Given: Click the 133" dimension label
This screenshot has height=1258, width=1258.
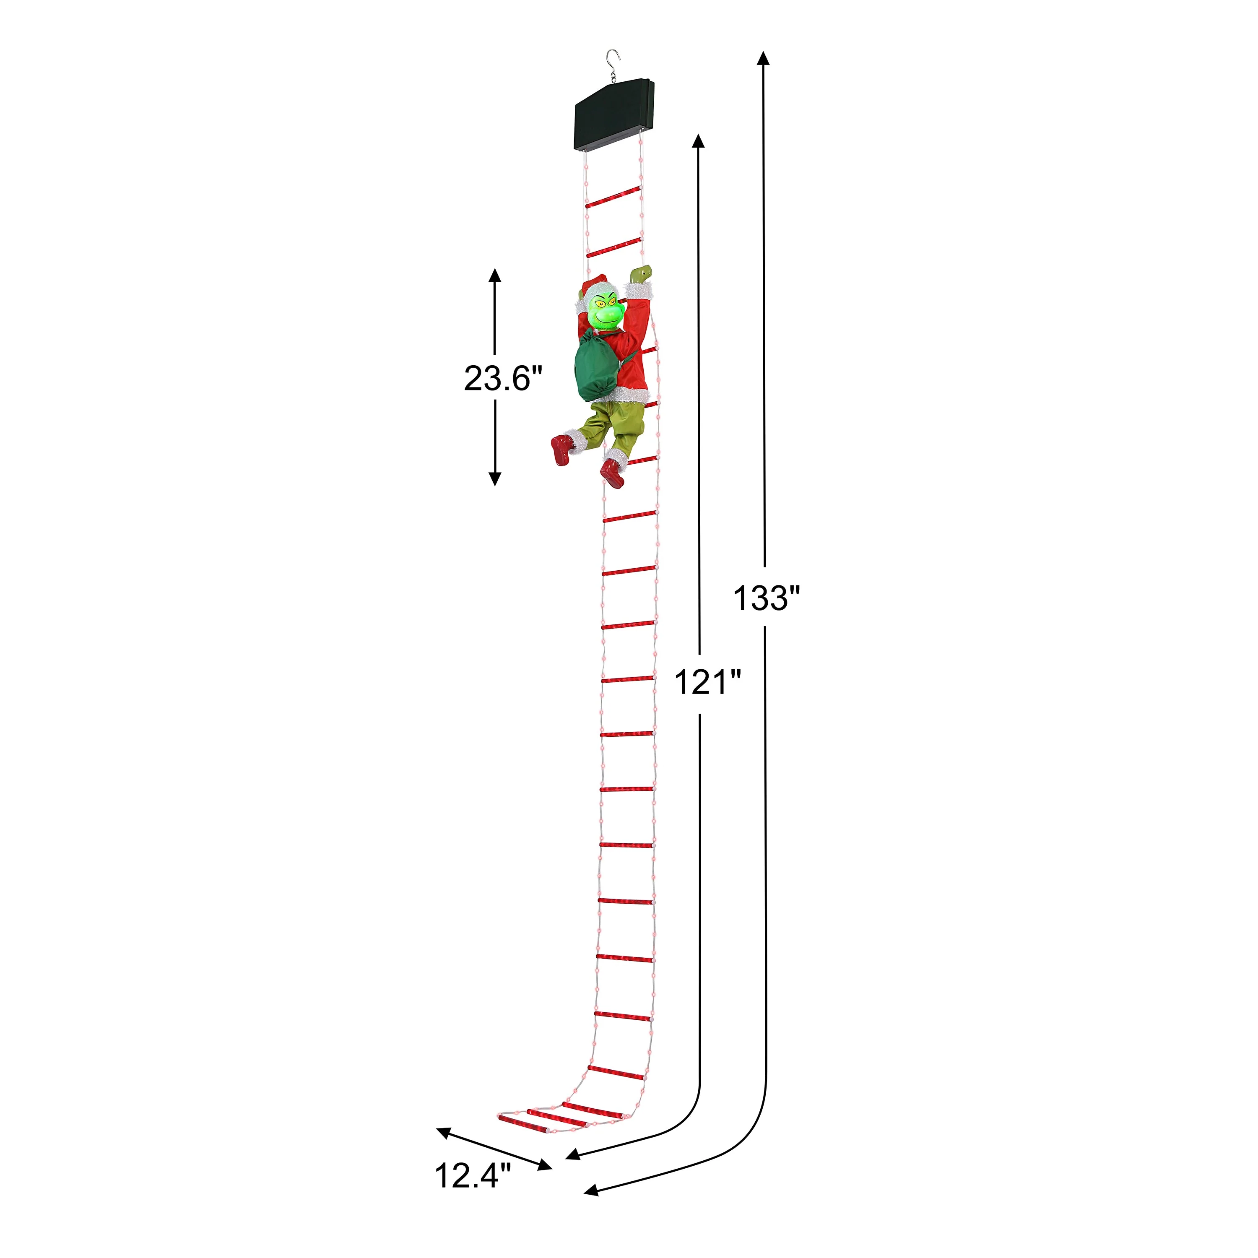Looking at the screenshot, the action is [x=766, y=598].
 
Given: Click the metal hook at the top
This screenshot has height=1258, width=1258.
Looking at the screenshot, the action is [x=612, y=64].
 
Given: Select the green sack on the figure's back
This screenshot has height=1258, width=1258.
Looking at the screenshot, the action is [x=595, y=365].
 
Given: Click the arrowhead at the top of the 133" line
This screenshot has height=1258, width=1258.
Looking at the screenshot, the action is [x=763, y=59].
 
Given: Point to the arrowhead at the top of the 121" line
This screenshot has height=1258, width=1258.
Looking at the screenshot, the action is [x=699, y=142].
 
